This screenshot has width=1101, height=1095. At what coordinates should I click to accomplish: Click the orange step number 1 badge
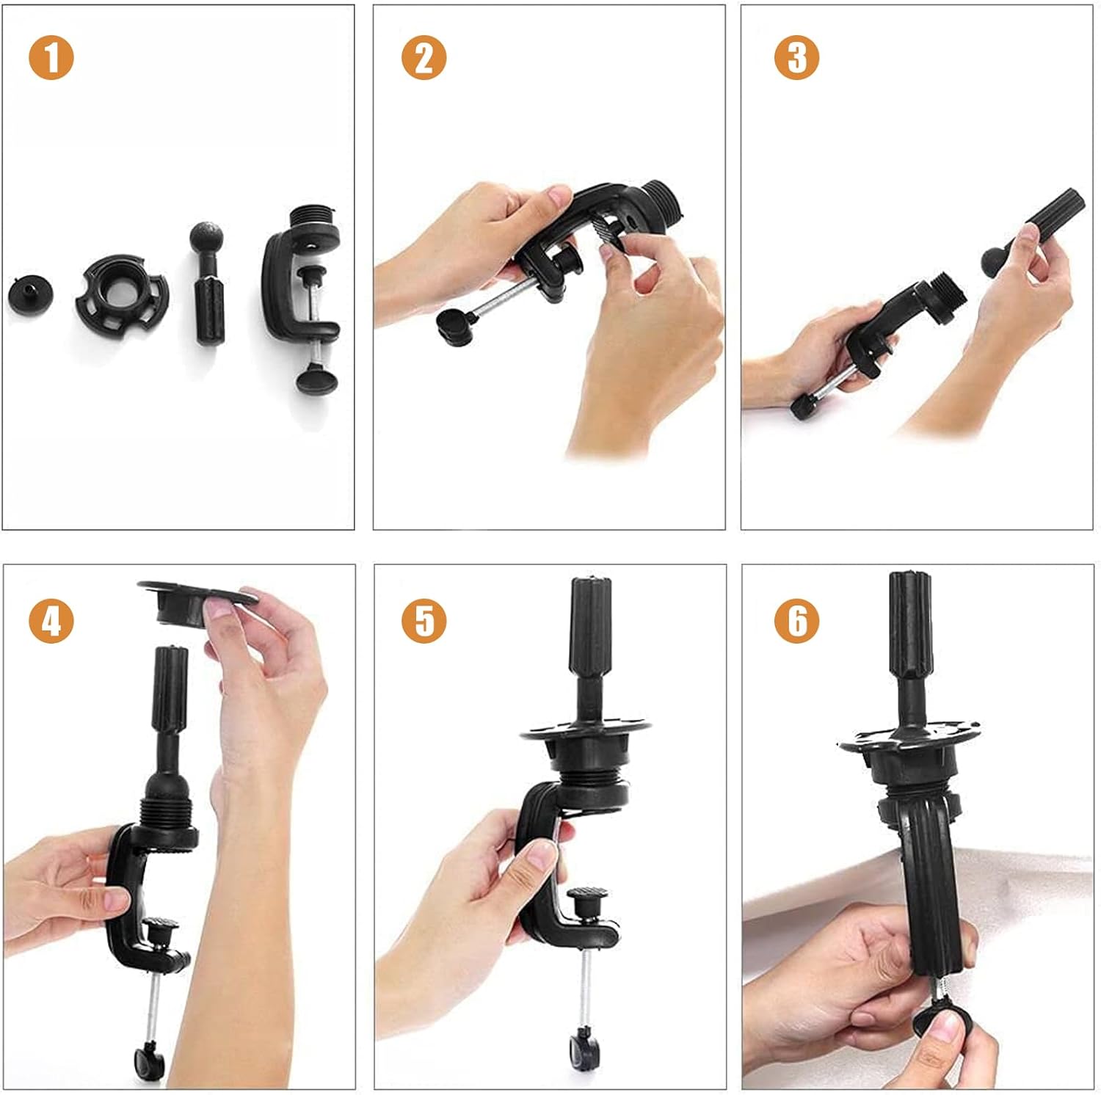(51, 59)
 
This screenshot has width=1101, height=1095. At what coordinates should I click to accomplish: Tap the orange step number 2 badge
(424, 59)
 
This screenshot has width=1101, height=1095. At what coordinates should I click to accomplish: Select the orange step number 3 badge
(796, 59)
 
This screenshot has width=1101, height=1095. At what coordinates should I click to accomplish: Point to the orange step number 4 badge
(51, 621)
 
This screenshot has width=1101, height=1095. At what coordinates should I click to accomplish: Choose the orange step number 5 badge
(424, 621)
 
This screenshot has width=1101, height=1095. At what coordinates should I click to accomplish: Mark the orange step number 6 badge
(796, 621)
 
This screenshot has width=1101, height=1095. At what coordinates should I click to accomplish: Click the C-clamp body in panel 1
(279, 286)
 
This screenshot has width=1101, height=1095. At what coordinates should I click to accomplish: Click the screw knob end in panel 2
(454, 326)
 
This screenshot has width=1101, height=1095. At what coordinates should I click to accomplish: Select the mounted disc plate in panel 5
(586, 732)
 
